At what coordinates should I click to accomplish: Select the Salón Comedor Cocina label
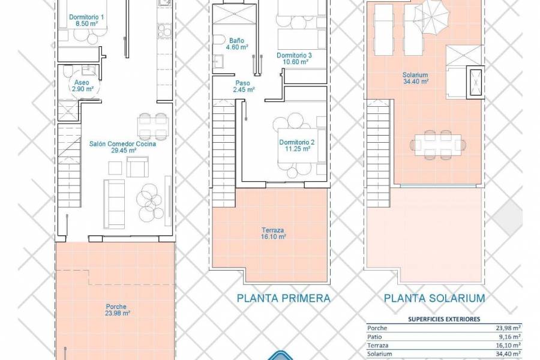point(122,148)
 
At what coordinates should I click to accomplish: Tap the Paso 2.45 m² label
point(242,86)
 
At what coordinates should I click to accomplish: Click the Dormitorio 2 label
point(297,146)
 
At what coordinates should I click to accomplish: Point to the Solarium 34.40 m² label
point(415,79)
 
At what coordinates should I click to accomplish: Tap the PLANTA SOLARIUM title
point(434,298)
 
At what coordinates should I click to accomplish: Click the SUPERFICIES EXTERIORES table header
point(445,320)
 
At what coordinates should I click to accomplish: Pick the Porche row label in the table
point(377,328)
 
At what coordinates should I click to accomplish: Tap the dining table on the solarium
point(438,143)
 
